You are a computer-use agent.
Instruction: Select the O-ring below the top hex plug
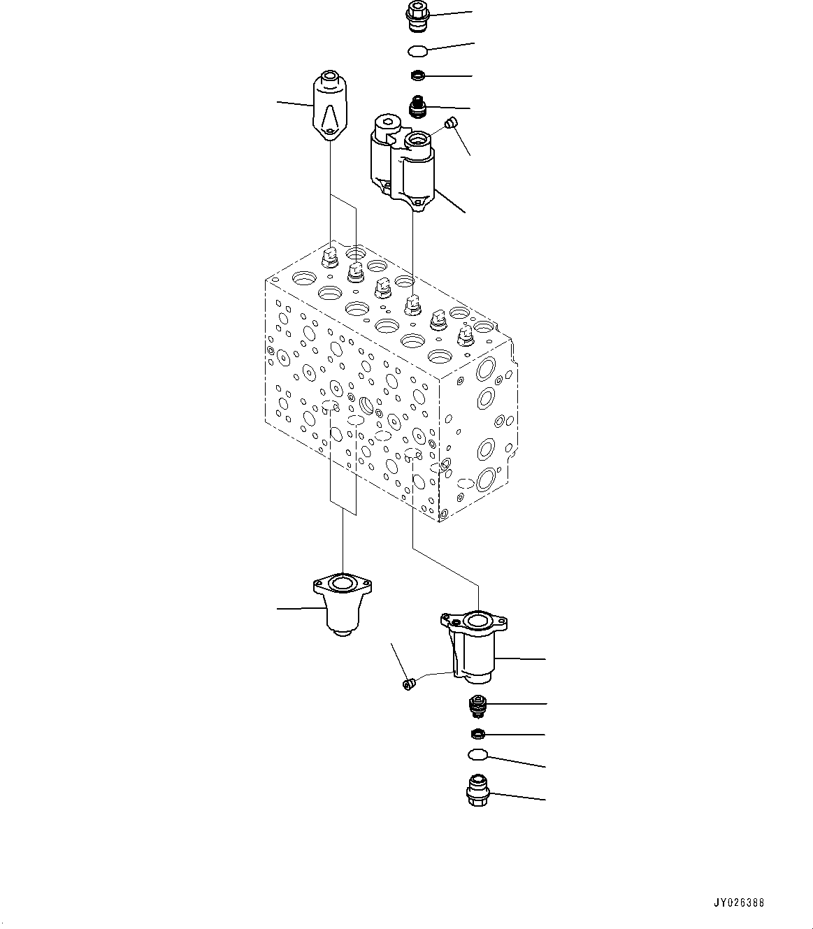(x=417, y=50)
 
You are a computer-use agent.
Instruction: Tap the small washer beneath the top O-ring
(x=417, y=75)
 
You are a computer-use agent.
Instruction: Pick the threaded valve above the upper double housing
(x=418, y=108)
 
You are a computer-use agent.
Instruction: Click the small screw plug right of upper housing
(x=451, y=124)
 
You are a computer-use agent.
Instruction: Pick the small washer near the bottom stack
(x=477, y=734)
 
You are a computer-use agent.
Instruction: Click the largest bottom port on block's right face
(x=486, y=478)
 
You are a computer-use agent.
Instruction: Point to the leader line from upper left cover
(x=294, y=104)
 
